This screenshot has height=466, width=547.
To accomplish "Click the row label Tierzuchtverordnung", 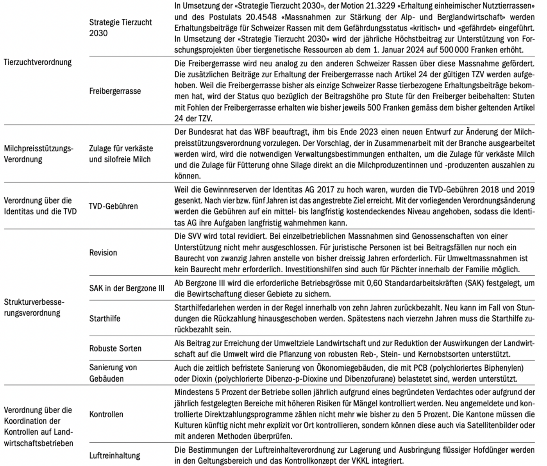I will [x=38, y=62].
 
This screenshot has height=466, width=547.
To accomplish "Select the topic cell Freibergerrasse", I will [x=115, y=91].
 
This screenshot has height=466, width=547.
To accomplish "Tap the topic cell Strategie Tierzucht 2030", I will [x=120, y=27].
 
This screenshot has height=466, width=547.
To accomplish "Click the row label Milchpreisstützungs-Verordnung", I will [x=38, y=154].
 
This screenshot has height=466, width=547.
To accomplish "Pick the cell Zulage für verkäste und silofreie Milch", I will [x=121, y=154].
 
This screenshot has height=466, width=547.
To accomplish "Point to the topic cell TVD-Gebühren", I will [x=113, y=206].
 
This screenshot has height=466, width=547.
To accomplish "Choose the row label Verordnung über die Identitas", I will [x=40, y=206].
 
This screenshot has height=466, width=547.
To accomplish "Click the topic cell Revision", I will [x=103, y=252].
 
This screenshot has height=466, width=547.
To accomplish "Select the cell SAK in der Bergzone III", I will [x=127, y=288].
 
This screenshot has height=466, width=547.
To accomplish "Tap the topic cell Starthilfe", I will [x=105, y=318].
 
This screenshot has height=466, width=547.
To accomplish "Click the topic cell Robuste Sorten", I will [x=115, y=348].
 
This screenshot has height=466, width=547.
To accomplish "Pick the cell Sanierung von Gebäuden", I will [x=113, y=373].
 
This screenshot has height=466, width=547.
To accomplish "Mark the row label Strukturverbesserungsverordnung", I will [x=34, y=307].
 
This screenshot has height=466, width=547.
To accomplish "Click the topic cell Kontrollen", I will [x=106, y=414].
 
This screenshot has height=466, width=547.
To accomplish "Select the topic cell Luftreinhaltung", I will [x=114, y=455].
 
